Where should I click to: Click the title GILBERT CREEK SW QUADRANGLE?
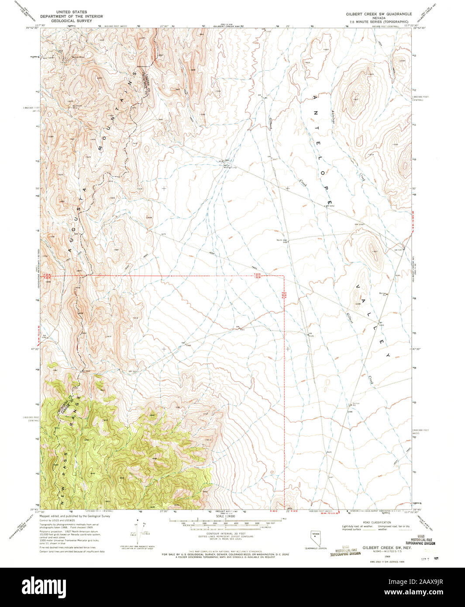point(379,14)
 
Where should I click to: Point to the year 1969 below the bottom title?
point(375,557)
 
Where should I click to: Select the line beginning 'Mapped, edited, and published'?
point(75,516)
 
